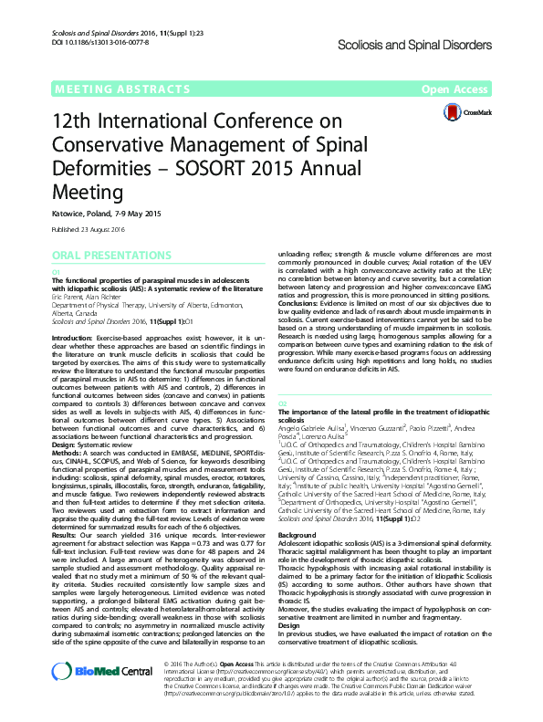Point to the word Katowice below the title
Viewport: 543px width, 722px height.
[68, 214]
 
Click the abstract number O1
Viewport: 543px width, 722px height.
[56, 272]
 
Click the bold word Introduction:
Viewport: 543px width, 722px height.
[72, 337]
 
